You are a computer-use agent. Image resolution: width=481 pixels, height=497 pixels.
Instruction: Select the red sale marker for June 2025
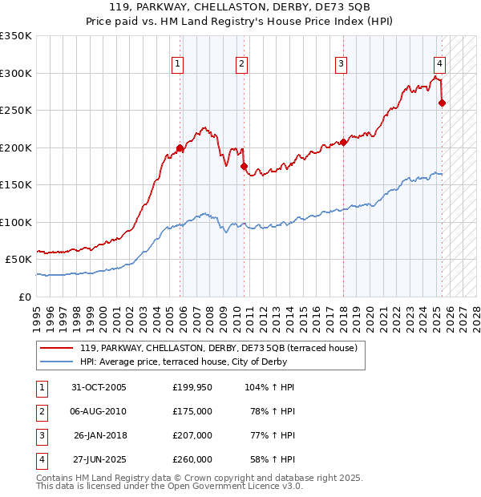coord(442,103)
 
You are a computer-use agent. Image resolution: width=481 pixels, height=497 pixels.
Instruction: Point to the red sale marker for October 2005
coord(180,147)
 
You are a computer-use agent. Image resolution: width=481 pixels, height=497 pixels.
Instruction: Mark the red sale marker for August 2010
coord(243,166)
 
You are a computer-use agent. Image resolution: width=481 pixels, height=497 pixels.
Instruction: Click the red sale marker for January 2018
coord(342,143)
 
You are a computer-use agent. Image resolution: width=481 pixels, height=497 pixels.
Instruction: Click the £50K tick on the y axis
coord(18,259)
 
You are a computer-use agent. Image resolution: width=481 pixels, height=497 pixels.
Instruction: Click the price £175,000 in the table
coord(192,411)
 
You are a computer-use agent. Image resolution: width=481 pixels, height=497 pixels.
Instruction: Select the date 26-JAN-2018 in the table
coord(99,435)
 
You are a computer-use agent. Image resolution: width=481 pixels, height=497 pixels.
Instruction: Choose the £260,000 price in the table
coord(192,459)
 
